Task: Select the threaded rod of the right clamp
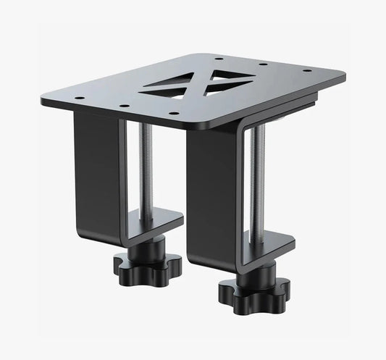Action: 257,181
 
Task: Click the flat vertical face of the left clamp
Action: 95,174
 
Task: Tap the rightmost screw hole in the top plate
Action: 308,71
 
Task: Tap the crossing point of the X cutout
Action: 205,82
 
